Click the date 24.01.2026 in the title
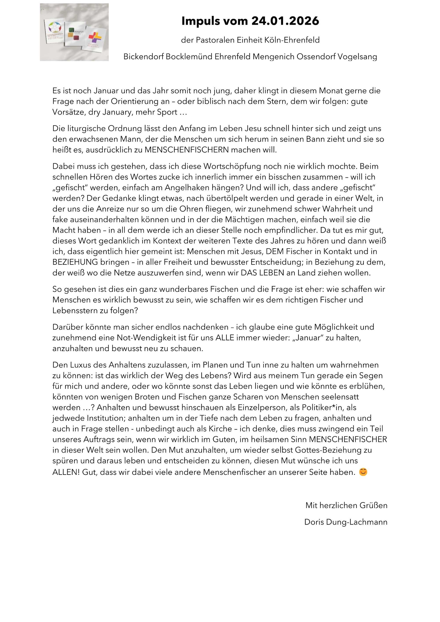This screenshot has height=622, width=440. pos(285,21)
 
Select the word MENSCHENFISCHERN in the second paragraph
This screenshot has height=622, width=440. pos(187,150)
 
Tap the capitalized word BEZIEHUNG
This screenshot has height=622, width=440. pos(75,262)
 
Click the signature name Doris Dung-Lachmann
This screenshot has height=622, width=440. pos(346,522)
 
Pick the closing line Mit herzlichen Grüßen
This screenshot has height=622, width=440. pos(346,505)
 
